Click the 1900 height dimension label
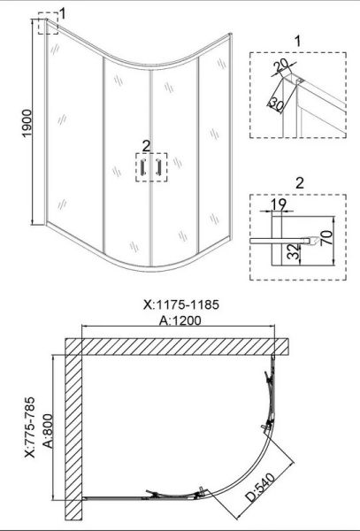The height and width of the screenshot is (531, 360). pyautogui.click(x=27, y=123)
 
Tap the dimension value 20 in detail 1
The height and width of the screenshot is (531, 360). pyautogui.click(x=280, y=65)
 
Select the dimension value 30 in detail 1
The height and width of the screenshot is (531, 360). pyautogui.click(x=277, y=104)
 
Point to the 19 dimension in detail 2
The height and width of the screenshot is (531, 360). pyautogui.click(x=279, y=204)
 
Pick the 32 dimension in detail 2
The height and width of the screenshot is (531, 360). pyautogui.click(x=294, y=251)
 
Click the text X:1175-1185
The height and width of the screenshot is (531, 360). pyautogui.click(x=181, y=304)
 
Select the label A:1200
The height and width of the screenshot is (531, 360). pyautogui.click(x=180, y=320)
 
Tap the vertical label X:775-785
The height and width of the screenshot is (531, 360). pyautogui.click(x=30, y=427)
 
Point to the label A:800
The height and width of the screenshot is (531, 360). pyautogui.click(x=49, y=431)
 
